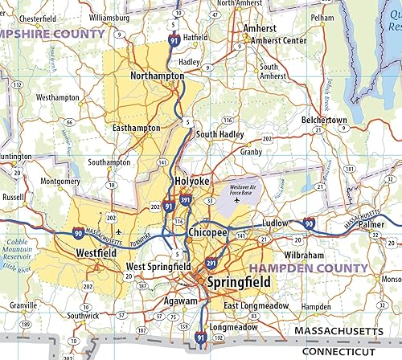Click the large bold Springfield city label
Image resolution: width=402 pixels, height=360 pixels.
(238, 283)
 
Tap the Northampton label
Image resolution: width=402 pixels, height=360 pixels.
(157, 76)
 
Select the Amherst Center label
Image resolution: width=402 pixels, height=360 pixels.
(278, 40)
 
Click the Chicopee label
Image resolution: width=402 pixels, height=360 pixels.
(207, 232)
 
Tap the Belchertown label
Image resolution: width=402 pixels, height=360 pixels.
(325, 120)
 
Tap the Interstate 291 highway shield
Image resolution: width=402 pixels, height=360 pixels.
(211, 262)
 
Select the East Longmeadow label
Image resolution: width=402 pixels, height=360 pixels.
(255, 306)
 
